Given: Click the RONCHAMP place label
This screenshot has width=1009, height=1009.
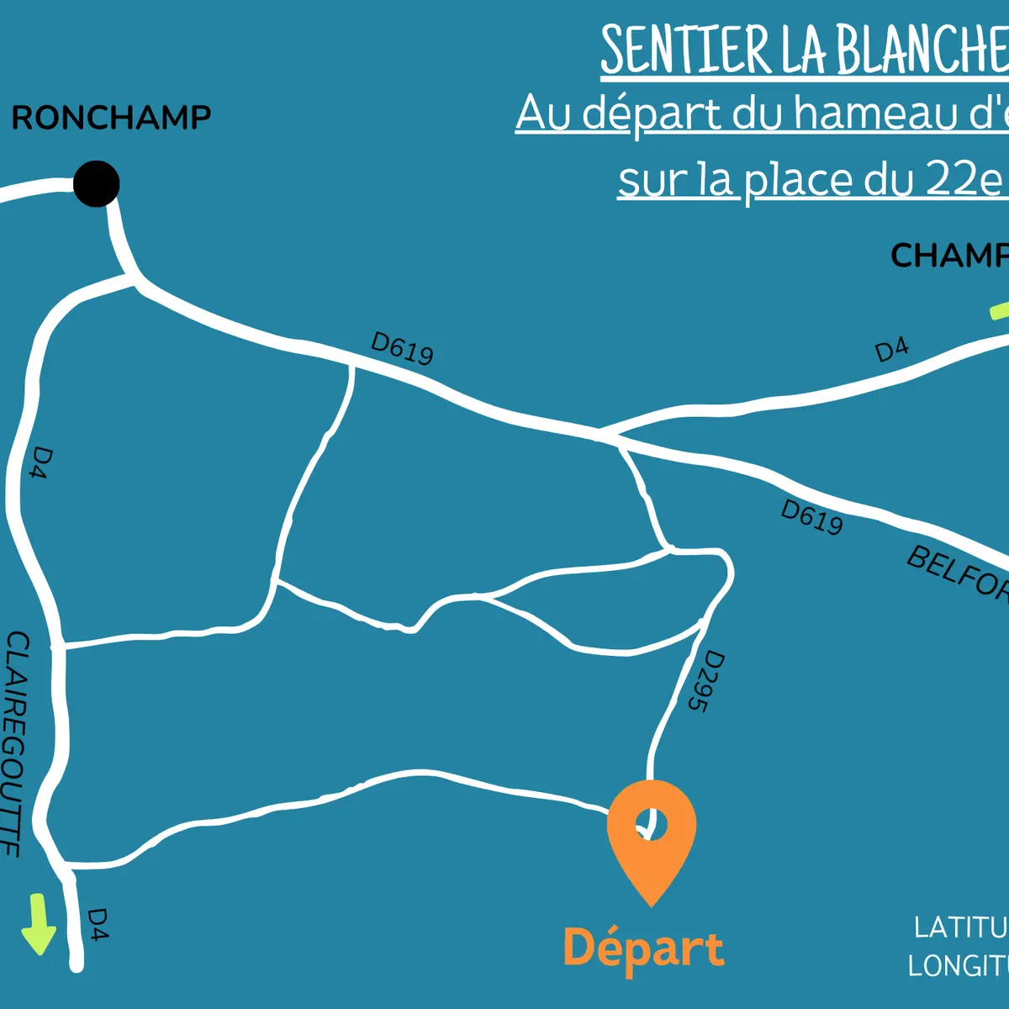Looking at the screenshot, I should pyautogui.click(x=111, y=118).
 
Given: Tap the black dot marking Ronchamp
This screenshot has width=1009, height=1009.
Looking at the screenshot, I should pyautogui.click(x=97, y=183).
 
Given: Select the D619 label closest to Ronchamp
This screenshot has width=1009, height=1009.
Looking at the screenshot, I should pyautogui.click(x=402, y=348).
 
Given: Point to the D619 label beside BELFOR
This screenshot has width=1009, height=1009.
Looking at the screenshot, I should pyautogui.click(x=811, y=517).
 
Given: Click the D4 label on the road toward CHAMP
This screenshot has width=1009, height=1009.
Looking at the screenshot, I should pyautogui.click(x=891, y=349).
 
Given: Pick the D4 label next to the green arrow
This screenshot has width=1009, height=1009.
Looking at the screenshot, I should pyautogui.click(x=98, y=923).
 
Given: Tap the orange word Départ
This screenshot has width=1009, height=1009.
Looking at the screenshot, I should pyautogui.click(x=643, y=948).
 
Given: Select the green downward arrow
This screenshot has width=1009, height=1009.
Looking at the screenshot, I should pyautogui.click(x=38, y=925).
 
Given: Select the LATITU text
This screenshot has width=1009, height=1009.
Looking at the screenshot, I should pyautogui.click(x=961, y=927).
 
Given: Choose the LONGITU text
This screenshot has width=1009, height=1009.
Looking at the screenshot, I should pyautogui.click(x=959, y=965).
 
